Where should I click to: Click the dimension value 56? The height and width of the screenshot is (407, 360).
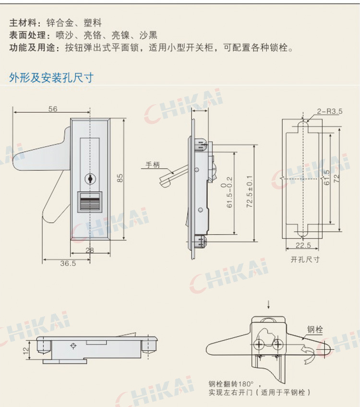pyautogui.click(x=53, y=109)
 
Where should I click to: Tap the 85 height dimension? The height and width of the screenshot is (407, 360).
pyautogui.click(x=120, y=178)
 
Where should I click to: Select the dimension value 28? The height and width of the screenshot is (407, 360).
pyautogui.click(x=90, y=250)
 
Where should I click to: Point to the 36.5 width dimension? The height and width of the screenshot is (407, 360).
pyautogui.click(x=68, y=263)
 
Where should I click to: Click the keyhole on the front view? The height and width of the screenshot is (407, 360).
pyautogui.click(x=90, y=179)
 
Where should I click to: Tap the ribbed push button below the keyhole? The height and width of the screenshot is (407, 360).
pyautogui.click(x=90, y=201)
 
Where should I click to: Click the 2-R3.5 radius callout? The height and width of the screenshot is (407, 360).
pyautogui.click(x=329, y=112)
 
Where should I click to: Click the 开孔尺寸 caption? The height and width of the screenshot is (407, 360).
pyautogui.click(x=305, y=260)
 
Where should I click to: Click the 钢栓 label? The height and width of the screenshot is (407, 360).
pyautogui.click(x=315, y=329)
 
